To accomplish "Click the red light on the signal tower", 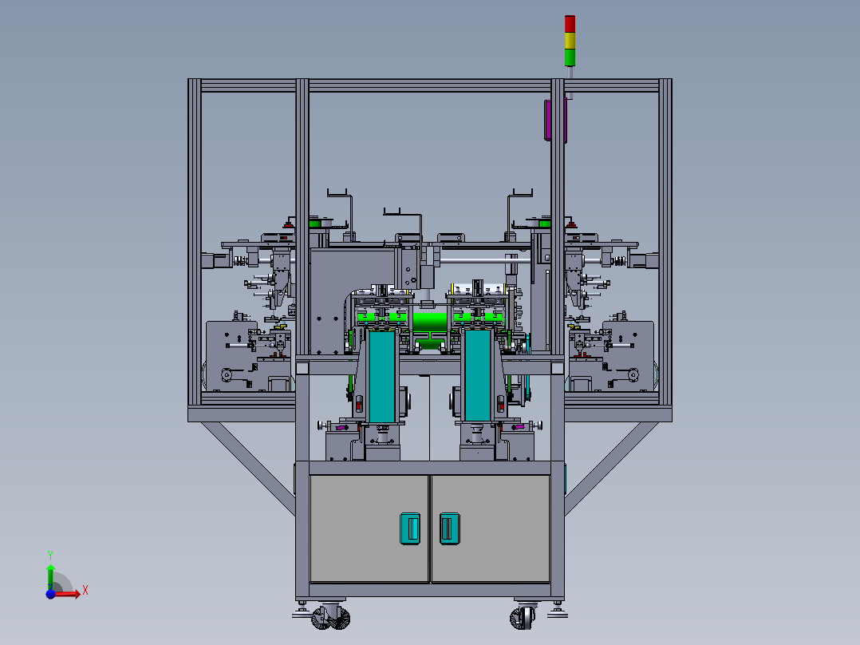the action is coord(570,24).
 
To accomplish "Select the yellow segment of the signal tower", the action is coord(570,41).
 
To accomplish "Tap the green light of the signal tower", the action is coord(570,57).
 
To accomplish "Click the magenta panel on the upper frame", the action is coord(548,121).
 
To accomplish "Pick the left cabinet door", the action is coord(369,528).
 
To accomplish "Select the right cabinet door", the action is coord(491,528).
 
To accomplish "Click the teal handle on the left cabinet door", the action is coord(410,528).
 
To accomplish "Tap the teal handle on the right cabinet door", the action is coord(450,528).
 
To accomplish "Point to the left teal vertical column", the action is coord(381,377).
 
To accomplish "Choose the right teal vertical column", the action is coord(478,377).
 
